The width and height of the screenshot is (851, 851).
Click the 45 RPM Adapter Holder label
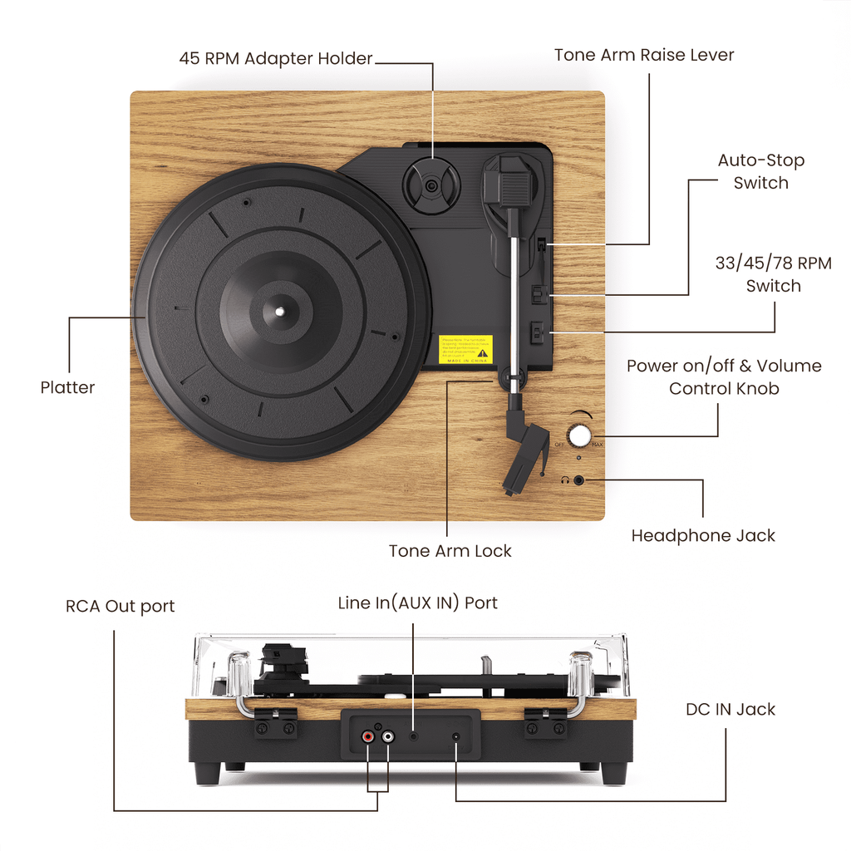tap(275, 59)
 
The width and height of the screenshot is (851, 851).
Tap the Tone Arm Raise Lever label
tap(644, 56)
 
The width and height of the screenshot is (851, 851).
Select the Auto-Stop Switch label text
tap(760, 171)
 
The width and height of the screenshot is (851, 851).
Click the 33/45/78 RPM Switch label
tap(773, 274)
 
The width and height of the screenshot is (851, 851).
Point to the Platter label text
tap(67, 387)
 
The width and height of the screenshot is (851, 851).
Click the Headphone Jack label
tap(702, 536)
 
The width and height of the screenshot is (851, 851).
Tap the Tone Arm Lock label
tap(450, 551)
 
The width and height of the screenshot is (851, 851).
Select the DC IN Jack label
tap(730, 709)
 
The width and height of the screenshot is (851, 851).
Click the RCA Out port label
tap(121, 606)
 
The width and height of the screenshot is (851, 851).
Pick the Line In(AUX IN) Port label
tap(417, 603)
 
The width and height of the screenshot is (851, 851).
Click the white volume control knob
tap(579, 435)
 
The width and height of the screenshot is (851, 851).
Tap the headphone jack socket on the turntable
tap(579, 480)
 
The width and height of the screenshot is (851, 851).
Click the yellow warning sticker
tap(465, 349)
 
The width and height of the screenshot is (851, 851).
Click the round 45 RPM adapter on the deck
tap(430, 185)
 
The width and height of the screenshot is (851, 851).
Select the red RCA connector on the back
tap(367, 736)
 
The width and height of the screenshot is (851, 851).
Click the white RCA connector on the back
tap(387, 736)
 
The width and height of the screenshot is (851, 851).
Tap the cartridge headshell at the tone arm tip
tap(527, 457)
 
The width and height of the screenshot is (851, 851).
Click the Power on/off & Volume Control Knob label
tap(723, 376)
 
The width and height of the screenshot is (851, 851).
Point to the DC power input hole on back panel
tap(455, 736)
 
